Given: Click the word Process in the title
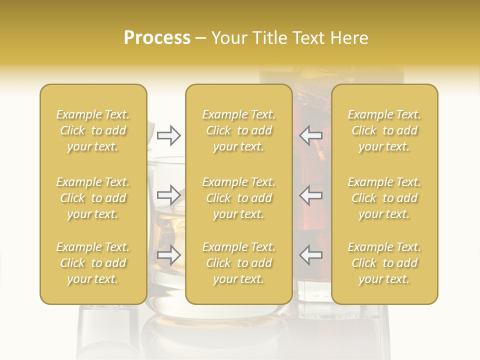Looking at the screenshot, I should (x=157, y=38).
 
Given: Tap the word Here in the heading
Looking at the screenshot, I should (x=349, y=38).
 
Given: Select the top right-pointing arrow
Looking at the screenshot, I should (x=168, y=135).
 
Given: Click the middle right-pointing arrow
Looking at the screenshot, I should (x=168, y=194).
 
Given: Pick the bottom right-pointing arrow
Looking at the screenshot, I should (x=168, y=254).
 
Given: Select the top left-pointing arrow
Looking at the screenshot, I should (x=311, y=135).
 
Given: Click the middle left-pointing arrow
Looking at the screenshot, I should (x=311, y=194).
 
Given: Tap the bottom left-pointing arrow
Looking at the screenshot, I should (x=311, y=254).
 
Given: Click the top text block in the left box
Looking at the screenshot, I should (x=93, y=130).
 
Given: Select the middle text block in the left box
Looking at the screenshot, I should (x=93, y=198).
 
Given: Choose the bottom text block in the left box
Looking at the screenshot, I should (x=93, y=263).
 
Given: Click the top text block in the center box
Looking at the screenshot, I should (x=239, y=130).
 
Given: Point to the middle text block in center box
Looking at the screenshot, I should (x=239, y=198).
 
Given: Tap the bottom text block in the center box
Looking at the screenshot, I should (x=239, y=263).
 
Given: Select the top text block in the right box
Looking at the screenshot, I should (x=384, y=130).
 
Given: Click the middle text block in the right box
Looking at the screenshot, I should (x=384, y=198).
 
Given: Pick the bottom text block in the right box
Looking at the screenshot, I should (x=384, y=263).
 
